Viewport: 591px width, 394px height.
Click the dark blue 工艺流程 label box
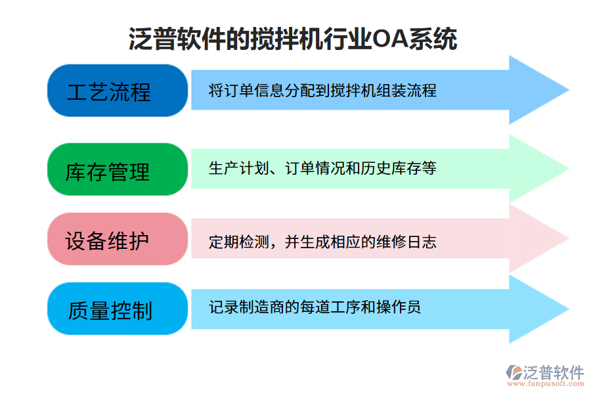tap(108, 91)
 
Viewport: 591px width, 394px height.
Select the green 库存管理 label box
tap(108, 169)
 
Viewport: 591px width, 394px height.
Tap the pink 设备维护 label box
tap(108, 239)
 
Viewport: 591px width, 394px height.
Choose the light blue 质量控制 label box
tap(108, 309)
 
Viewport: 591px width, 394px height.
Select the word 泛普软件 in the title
tap(177, 39)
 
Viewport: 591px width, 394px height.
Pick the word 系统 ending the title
tap(433, 39)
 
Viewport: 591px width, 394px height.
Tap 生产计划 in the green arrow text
tap(231, 169)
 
